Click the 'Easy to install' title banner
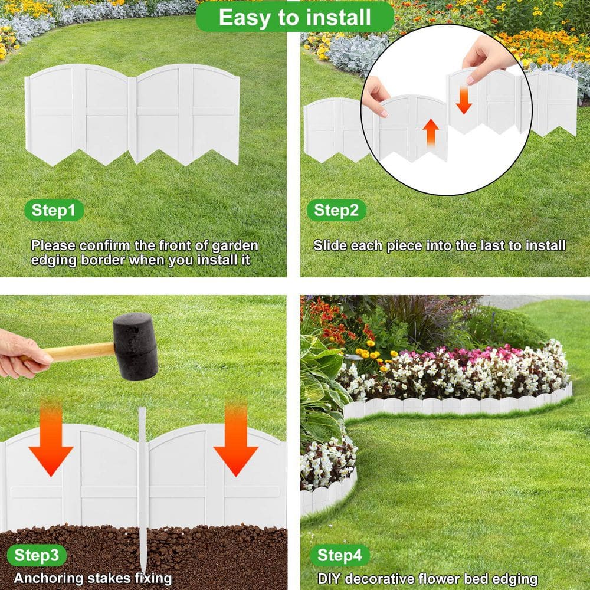[295, 17]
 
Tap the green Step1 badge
[54, 210]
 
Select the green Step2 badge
[336, 210]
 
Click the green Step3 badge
[37, 555]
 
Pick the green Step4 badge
[340, 555]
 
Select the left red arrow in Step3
[51, 440]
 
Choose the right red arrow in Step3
[236, 440]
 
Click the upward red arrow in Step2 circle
[432, 132]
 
